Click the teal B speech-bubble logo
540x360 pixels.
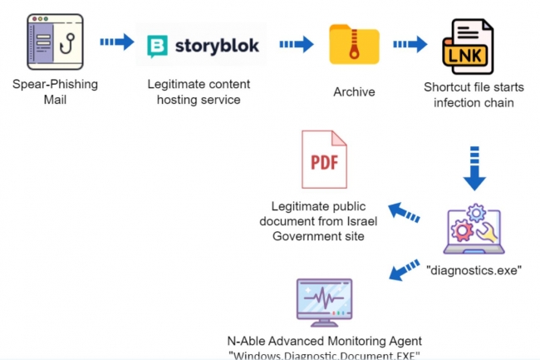[157, 46]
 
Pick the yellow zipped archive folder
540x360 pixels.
[354, 46]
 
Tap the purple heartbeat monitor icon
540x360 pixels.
[325, 300]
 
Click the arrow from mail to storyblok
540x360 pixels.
[116, 42]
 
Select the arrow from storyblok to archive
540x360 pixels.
[296, 43]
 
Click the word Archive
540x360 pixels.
[354, 92]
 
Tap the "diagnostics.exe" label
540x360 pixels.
[474, 270]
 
